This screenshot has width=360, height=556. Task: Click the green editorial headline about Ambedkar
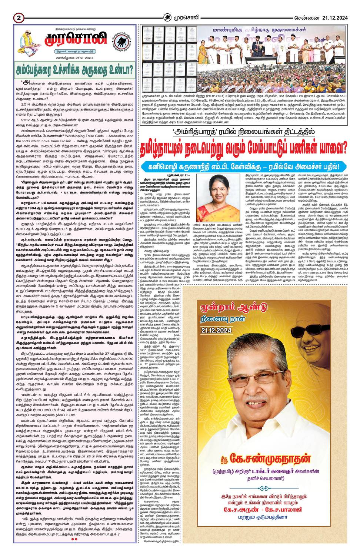[x=74, y=69]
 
